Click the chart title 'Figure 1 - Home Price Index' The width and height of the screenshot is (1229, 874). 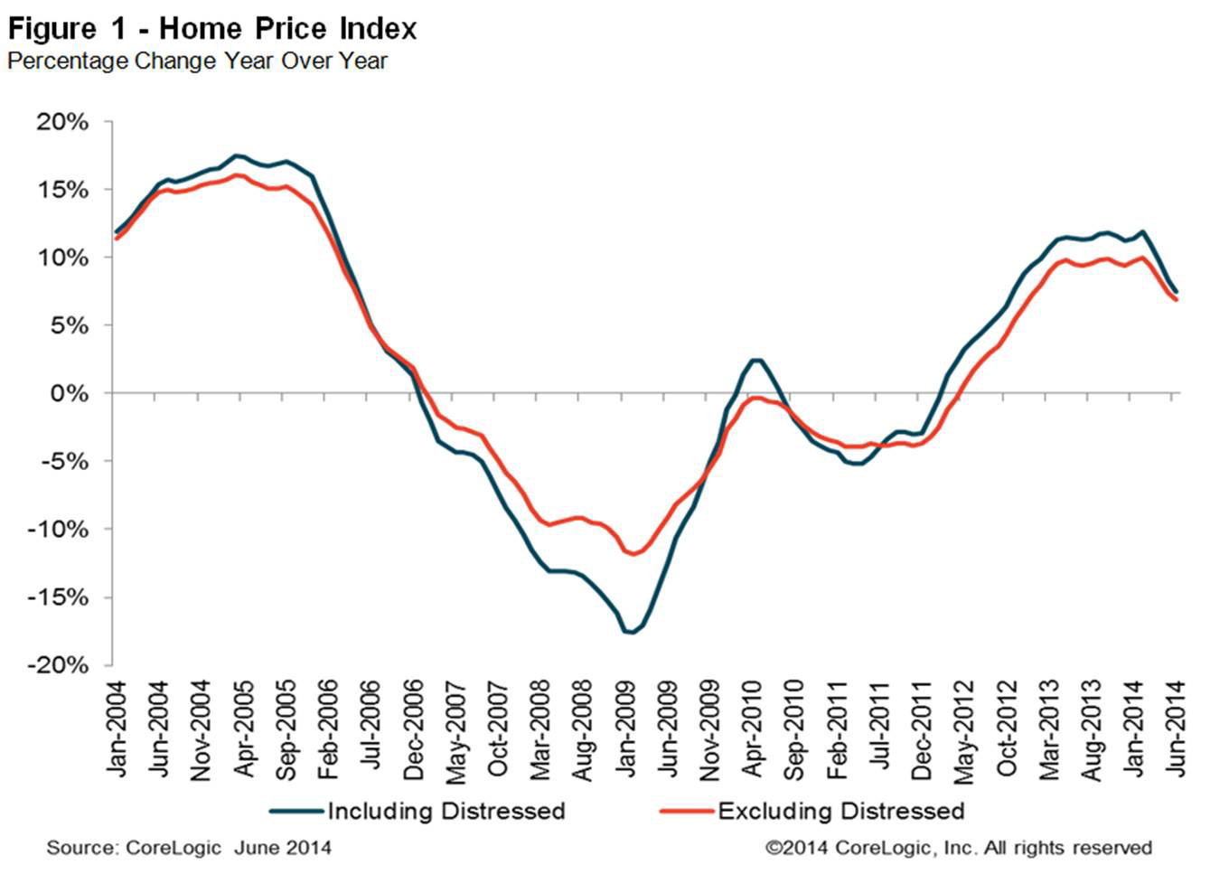coord(212,29)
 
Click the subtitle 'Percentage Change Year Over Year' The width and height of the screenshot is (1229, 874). coord(197,61)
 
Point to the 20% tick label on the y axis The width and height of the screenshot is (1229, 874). coord(63,122)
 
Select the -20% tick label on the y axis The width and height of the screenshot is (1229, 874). coord(59,664)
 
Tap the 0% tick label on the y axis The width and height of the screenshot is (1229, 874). coord(70,393)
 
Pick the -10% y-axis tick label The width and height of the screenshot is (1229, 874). coord(59,529)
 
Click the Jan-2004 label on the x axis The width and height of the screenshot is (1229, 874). coord(117,728)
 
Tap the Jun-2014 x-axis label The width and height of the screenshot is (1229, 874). coord(1176,728)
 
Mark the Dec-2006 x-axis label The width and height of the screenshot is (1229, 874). coord(413,728)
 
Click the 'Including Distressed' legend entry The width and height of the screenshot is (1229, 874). coord(446,811)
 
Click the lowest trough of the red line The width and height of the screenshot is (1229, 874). coord(633,554)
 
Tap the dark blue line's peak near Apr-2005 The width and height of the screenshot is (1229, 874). coord(237,155)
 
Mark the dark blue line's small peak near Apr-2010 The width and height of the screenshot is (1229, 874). coord(756,360)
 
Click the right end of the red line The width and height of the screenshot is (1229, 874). coord(1177,299)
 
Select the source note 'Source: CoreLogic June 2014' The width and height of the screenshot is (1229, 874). coord(189,848)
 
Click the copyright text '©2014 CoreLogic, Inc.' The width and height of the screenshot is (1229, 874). coord(958,848)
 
